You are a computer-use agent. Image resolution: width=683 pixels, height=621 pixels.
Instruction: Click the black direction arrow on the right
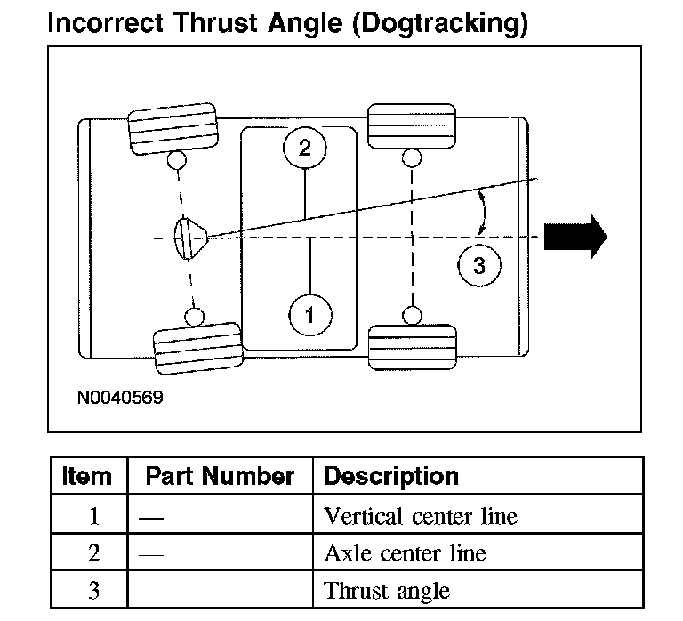(575, 237)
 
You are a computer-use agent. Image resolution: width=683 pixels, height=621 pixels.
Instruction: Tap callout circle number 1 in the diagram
(310, 314)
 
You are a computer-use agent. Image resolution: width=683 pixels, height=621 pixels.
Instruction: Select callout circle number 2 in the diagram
(305, 149)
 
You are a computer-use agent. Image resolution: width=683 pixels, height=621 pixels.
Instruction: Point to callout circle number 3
(479, 265)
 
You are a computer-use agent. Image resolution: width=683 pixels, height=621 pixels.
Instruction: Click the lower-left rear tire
(197, 348)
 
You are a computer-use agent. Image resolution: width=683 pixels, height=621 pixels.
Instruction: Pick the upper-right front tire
(412, 124)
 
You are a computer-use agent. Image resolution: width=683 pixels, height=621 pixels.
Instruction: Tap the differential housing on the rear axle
(189, 238)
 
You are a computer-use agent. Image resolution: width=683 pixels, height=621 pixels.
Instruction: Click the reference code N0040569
(120, 397)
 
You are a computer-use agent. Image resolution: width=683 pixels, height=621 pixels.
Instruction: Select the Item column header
(87, 476)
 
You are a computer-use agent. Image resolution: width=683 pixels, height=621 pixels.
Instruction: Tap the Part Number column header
(220, 476)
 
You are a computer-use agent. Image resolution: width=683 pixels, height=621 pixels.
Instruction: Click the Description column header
(391, 476)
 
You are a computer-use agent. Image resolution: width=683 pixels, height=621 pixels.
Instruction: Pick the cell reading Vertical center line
(421, 516)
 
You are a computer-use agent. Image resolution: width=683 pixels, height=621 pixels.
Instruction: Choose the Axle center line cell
(405, 553)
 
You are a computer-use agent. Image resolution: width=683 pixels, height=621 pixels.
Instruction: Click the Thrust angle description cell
(387, 591)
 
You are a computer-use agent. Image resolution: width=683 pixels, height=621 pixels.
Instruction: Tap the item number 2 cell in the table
(94, 553)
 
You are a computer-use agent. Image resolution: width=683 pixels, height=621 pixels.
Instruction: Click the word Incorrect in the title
(105, 24)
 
